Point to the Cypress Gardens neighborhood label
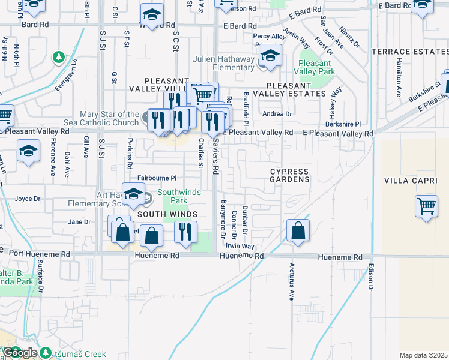(x=289, y=175)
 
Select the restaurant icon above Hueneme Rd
(x=186, y=231)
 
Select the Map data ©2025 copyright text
(x=423, y=355)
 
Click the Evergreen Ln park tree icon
(x=59, y=57)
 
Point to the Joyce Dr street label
(x=28, y=199)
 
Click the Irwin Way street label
(x=240, y=247)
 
